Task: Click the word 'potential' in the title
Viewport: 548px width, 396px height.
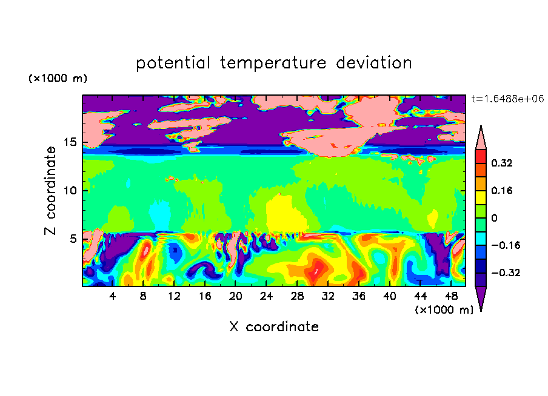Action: [173, 63]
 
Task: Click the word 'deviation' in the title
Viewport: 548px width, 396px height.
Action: [374, 63]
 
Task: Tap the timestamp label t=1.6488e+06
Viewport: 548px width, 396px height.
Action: [507, 99]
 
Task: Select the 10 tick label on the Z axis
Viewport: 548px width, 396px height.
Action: [70, 191]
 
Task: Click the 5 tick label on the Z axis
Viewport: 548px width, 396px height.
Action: [73, 239]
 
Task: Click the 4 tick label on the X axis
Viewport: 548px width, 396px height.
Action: [112, 296]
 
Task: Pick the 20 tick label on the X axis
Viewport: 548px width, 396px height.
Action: [236, 296]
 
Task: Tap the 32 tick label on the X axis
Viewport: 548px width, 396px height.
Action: [328, 296]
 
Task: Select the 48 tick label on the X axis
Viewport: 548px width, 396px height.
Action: [451, 296]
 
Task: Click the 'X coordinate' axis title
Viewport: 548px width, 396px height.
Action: [274, 326]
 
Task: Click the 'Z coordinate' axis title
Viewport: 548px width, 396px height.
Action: [50, 191]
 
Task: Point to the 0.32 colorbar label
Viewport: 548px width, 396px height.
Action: [501, 163]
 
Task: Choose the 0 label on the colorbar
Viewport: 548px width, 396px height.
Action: [494, 218]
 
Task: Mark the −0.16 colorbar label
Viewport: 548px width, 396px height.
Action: [506, 245]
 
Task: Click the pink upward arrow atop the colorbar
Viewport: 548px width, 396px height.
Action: [481, 138]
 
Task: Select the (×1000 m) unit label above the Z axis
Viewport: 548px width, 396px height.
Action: [58, 78]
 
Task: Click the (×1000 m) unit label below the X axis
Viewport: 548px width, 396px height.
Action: [444, 310]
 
